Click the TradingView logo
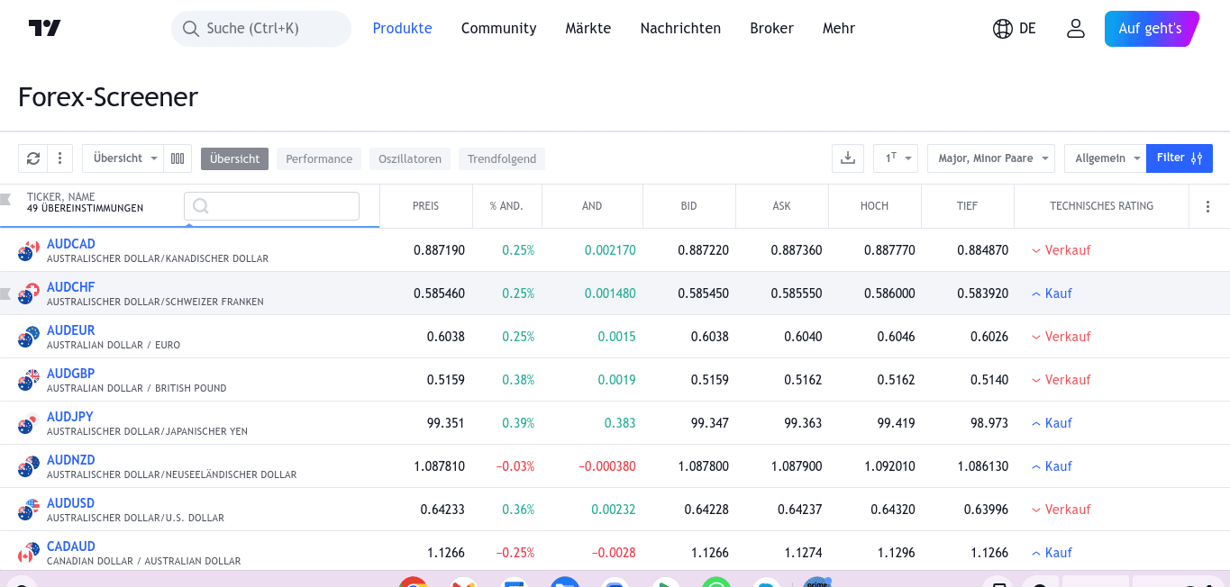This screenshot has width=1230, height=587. click(x=44, y=28)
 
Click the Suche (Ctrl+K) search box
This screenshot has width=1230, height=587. click(x=261, y=29)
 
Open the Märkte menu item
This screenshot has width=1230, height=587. click(x=588, y=29)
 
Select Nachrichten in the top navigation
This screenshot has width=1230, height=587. click(x=680, y=29)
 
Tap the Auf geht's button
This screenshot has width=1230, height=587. click(x=1151, y=29)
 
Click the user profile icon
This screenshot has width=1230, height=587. click(x=1075, y=29)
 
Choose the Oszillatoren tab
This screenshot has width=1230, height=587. click(x=410, y=159)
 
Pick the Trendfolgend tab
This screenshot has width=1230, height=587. click(x=502, y=159)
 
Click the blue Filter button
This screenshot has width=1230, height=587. click(x=1179, y=158)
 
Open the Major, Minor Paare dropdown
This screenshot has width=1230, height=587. click(x=990, y=158)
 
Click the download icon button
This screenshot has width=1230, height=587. click(x=847, y=158)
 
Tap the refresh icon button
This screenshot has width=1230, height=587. click(x=33, y=158)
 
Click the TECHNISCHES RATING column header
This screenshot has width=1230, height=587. click(x=1101, y=206)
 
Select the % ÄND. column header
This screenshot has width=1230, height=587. click(x=506, y=206)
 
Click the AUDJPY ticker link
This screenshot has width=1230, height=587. click(x=70, y=417)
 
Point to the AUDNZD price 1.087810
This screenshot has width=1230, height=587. click(x=439, y=466)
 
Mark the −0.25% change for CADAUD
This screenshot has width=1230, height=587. click(x=515, y=553)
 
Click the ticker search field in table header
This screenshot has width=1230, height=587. click(x=271, y=206)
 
